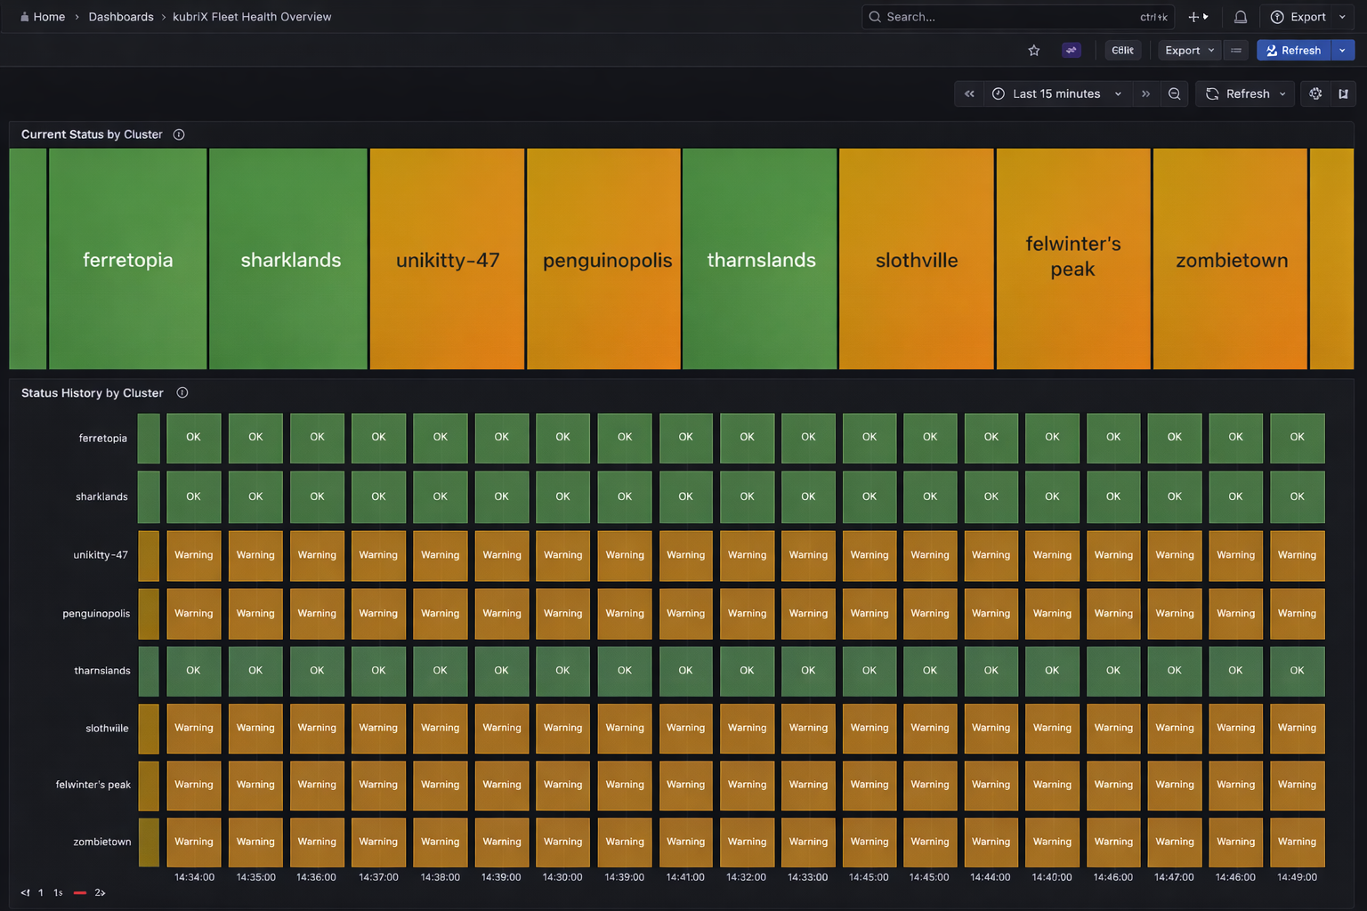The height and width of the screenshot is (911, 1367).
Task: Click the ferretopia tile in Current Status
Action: tap(127, 259)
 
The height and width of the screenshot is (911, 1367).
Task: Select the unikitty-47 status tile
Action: tap(447, 259)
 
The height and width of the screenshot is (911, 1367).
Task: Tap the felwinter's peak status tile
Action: tap(1072, 259)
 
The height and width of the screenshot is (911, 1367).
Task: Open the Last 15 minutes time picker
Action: tap(1056, 93)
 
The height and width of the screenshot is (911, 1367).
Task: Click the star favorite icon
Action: tap(1033, 51)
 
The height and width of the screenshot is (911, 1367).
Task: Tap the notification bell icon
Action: tap(1240, 17)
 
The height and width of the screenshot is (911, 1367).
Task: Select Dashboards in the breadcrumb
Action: tap(121, 17)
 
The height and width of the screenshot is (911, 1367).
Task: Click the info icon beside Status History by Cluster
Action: tap(182, 392)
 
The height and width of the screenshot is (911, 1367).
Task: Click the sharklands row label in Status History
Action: tap(101, 496)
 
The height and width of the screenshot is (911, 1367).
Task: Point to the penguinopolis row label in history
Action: tap(96, 613)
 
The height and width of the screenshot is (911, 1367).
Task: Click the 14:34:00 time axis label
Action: tap(194, 877)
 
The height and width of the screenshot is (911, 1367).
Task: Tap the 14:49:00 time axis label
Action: tap(1297, 877)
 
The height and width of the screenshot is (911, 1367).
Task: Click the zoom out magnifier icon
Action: tap(1174, 93)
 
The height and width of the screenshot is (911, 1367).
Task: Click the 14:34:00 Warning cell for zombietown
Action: tap(194, 842)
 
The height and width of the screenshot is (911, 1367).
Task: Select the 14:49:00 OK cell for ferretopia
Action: tap(1297, 437)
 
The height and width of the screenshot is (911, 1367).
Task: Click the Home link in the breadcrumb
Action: tap(48, 17)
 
